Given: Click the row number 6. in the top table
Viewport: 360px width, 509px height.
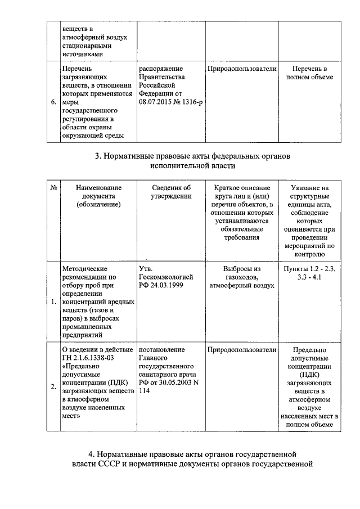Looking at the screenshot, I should (x=53, y=103).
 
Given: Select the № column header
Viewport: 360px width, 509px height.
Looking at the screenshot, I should (x=53, y=188).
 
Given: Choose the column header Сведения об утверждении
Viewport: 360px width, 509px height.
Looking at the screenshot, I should (x=172, y=192).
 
